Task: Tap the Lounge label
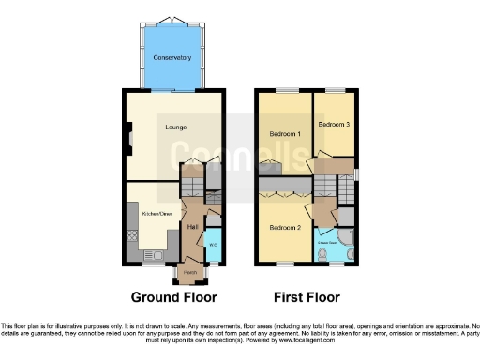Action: click(x=174, y=127)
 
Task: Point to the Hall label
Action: click(x=192, y=226)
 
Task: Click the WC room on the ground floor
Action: click(x=212, y=245)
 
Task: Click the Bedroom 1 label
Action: click(x=285, y=134)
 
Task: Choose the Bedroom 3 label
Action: click(x=333, y=124)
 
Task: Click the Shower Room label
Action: click(x=328, y=241)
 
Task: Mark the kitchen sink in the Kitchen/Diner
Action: click(x=150, y=254)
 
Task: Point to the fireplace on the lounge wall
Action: click(x=127, y=142)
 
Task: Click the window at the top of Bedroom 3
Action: click(x=334, y=90)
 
